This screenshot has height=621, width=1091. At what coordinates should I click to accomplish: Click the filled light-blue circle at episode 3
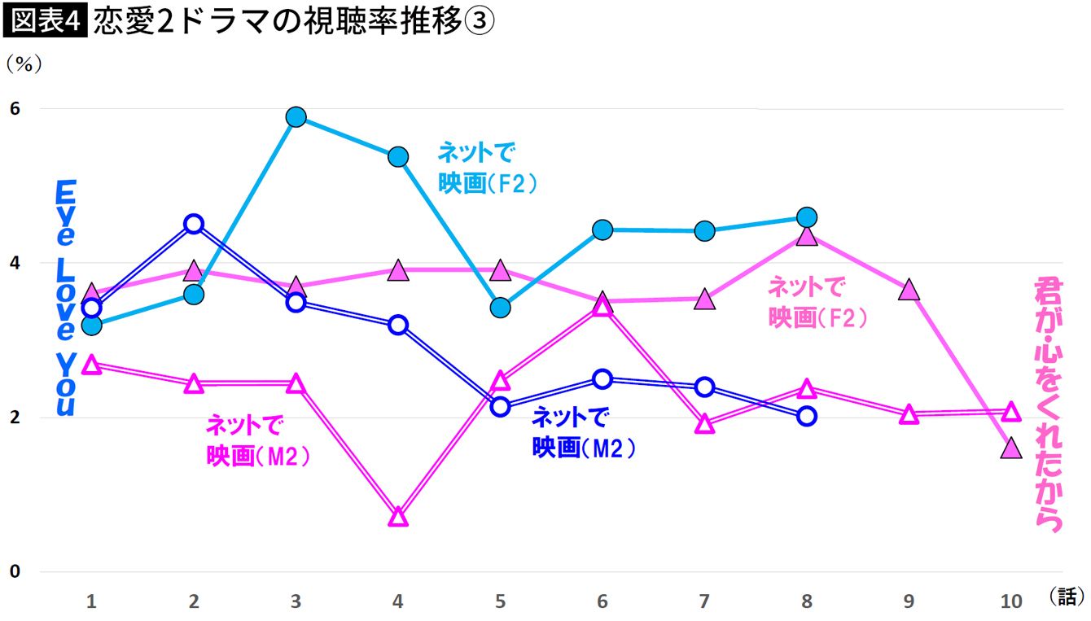[296, 117]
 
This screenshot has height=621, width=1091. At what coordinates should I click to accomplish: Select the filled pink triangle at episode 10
[1010, 448]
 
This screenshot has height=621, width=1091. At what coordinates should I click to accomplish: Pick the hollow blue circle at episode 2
[194, 224]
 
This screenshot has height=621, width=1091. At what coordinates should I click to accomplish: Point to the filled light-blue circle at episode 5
[500, 308]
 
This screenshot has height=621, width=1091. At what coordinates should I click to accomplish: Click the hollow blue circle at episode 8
[806, 416]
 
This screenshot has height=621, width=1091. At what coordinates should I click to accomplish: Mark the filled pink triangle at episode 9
[909, 291]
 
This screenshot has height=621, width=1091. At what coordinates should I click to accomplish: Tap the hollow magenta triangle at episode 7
[704, 424]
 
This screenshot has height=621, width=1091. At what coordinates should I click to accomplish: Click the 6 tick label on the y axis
[14, 108]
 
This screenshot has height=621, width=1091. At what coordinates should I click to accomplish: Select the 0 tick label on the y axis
[14, 571]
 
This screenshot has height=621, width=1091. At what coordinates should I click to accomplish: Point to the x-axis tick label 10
[1010, 601]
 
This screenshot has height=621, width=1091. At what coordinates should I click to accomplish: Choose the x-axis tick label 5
[500, 601]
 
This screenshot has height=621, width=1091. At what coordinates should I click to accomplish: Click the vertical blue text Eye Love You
[65, 299]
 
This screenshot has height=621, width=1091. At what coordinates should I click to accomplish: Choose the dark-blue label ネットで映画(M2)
[582, 432]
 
